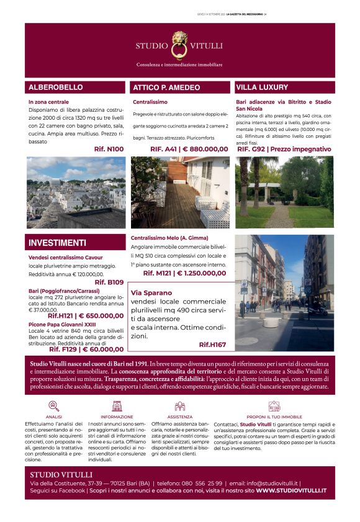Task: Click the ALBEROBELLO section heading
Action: pos(55,88)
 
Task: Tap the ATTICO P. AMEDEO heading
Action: pos(166,88)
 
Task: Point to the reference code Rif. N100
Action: pos(109,150)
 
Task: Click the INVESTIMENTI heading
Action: pos(57,243)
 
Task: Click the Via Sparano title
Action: pos(151,293)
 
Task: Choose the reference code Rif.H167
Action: pos(212,344)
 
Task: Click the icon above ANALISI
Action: pos(54,406)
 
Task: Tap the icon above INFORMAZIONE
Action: pos(117,406)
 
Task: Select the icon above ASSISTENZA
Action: pos(180,406)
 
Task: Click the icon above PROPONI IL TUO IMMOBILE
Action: pos(274,406)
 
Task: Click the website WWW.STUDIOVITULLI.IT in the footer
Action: pos(291,490)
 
